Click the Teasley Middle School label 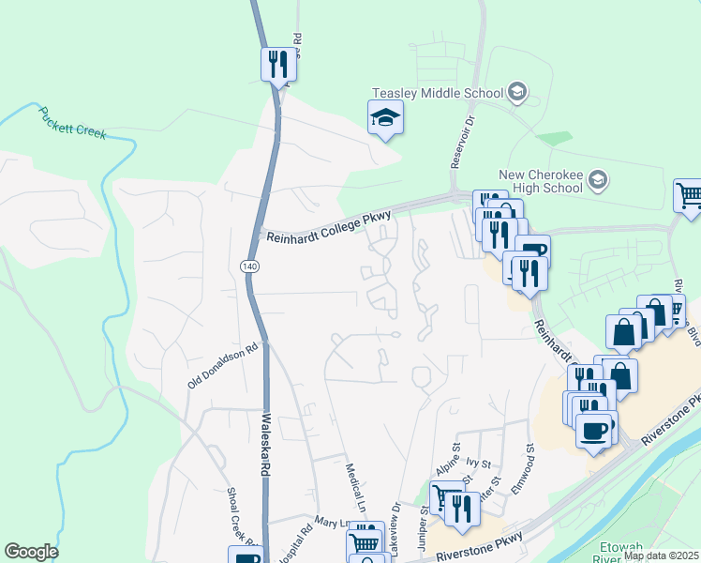(437, 94)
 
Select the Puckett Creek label (72, 123)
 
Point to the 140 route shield (249, 267)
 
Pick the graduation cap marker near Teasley (384, 118)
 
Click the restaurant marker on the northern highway (276, 64)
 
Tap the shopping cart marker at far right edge (688, 196)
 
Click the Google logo (31, 552)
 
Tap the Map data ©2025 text (660, 555)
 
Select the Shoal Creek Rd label (241, 516)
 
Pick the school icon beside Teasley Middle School (517, 93)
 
